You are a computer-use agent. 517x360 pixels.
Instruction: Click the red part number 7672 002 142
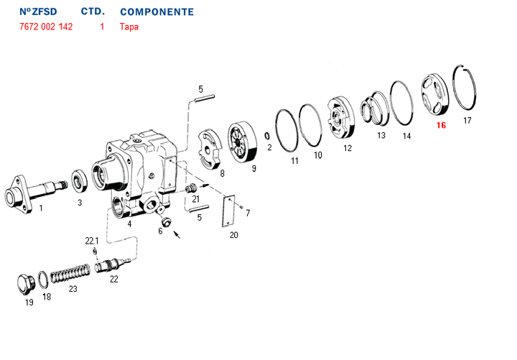46,27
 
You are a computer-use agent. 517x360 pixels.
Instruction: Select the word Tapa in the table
129,27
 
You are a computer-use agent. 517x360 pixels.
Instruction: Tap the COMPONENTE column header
157,12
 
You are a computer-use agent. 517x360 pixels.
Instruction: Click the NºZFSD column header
38,12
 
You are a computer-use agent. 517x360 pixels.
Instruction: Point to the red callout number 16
440,125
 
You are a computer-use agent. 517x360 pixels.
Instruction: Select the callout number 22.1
92,241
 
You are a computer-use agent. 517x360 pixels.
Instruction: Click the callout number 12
348,148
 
